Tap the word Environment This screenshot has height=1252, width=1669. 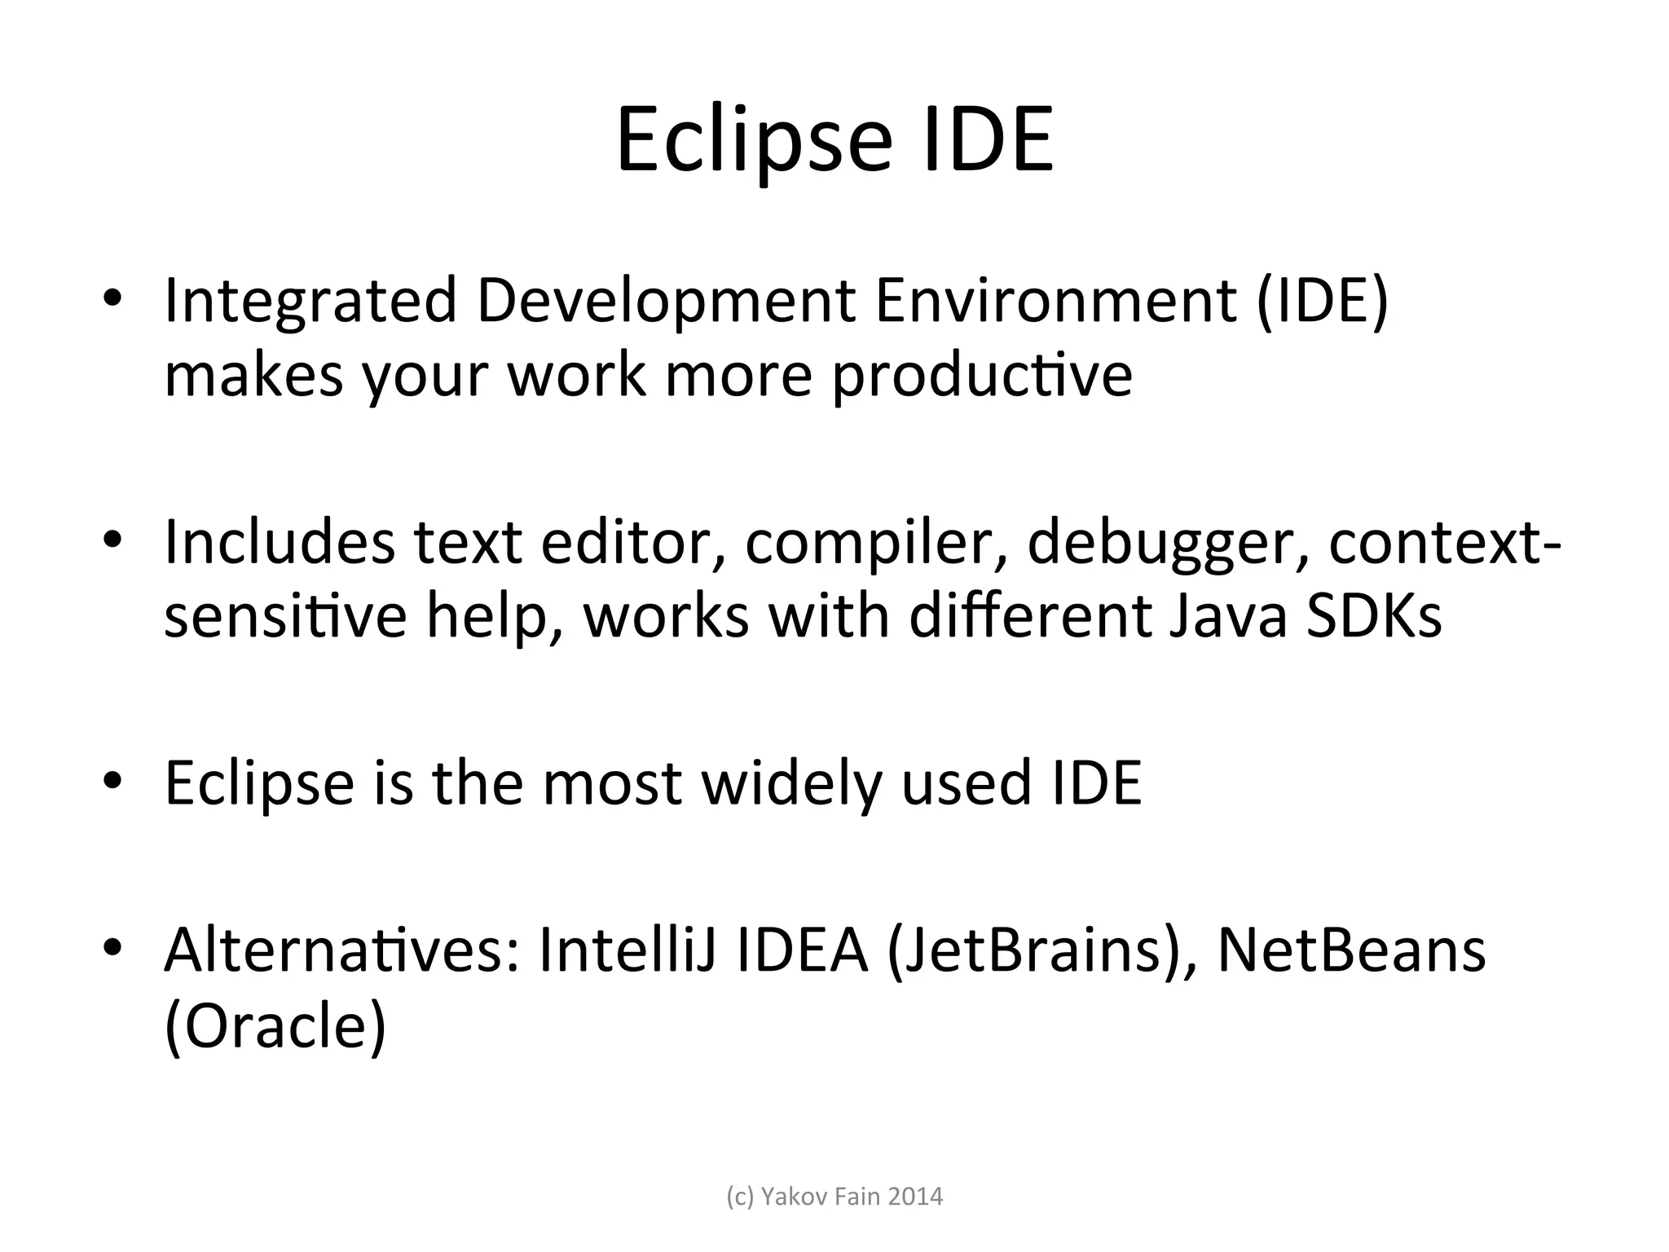click(x=1056, y=301)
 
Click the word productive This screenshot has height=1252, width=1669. click(x=981, y=376)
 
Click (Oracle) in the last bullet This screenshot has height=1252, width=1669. click(x=275, y=1026)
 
